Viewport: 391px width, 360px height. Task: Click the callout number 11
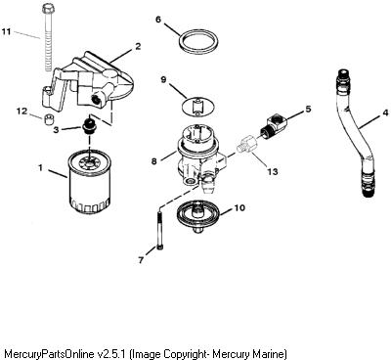6,31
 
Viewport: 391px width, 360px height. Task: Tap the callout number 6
158,20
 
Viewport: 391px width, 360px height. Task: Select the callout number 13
272,171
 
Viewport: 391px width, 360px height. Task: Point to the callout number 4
385,112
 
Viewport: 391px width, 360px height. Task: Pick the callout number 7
141,260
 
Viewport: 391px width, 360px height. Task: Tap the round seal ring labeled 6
198,42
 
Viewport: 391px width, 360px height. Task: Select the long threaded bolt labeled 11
48,37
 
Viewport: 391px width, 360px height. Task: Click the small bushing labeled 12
49,119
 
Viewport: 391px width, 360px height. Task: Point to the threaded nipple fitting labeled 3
88,126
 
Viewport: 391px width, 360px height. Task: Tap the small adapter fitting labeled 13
246,144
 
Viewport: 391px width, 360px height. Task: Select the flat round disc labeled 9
197,107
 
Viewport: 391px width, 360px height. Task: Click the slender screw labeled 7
159,231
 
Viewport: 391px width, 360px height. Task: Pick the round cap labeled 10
198,215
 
